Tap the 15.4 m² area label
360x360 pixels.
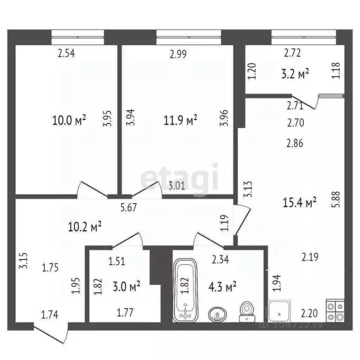(x=300, y=202)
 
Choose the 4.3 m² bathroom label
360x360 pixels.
(x=221, y=285)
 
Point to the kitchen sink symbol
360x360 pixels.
(x=279, y=310)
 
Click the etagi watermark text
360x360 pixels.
(x=180, y=177)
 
